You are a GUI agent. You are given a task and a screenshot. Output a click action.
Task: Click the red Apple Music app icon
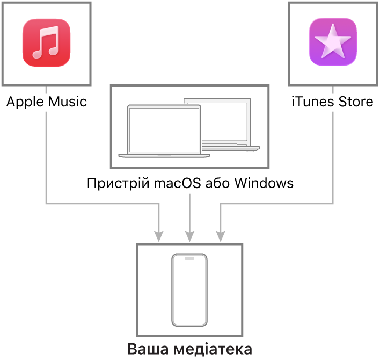tap(46, 42)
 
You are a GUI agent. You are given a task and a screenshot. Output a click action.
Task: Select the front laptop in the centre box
tap(164, 132)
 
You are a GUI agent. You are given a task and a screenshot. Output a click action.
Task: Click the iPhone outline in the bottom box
tap(189, 290)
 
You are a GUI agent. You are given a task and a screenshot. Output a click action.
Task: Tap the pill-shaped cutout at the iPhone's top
tap(189, 258)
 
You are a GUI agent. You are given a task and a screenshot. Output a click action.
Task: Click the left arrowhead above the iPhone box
tap(159, 236)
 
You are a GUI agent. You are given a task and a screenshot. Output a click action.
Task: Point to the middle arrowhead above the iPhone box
tap(189, 236)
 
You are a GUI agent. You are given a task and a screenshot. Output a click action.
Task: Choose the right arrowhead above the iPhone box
tap(221, 236)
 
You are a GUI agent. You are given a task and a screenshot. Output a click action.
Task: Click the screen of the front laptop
tap(164, 129)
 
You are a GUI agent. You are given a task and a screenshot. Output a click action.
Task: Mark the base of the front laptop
tap(164, 156)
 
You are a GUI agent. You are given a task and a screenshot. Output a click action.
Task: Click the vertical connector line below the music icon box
tap(46, 156)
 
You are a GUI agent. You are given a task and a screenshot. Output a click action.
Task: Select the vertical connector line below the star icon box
tap(333, 156)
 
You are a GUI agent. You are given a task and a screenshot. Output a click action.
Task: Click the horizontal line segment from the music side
tap(102, 203)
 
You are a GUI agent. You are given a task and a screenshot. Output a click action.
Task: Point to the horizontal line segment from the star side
tap(276, 203)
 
